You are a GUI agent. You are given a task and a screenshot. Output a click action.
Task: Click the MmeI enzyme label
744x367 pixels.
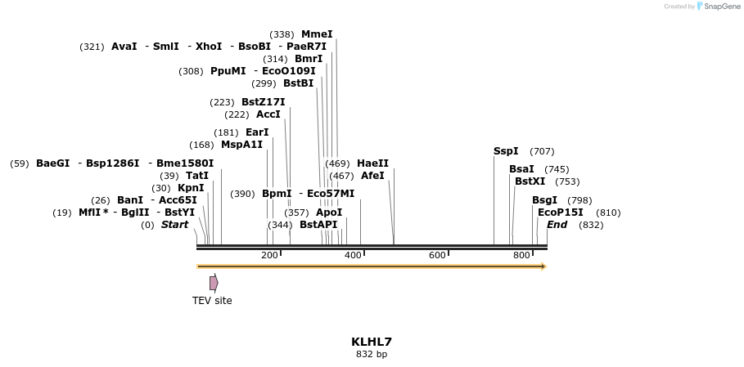click(x=317, y=34)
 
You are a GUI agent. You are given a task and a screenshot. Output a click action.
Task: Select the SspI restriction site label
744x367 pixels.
click(x=506, y=151)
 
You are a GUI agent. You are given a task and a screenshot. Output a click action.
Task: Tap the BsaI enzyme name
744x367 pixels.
click(x=521, y=169)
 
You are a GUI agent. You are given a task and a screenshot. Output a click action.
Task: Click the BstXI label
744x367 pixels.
click(x=530, y=181)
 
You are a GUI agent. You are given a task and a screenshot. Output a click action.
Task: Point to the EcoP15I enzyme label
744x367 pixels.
click(x=561, y=213)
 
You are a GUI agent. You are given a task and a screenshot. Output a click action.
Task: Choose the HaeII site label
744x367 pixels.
click(x=372, y=163)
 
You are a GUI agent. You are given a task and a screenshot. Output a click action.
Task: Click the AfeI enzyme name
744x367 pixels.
click(x=372, y=176)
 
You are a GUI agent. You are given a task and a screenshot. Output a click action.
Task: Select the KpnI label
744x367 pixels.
click(x=191, y=188)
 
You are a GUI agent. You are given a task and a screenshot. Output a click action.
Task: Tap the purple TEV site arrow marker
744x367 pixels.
click(x=214, y=283)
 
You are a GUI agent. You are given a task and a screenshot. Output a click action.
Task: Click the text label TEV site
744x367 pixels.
click(x=212, y=301)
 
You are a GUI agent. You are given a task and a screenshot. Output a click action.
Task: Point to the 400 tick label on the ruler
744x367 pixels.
click(x=353, y=256)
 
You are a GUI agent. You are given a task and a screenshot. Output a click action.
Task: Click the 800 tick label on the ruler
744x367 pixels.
click(x=521, y=256)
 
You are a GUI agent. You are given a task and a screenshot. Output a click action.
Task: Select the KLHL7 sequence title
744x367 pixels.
click(x=372, y=342)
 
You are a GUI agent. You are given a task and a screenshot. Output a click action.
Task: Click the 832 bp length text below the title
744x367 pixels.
click(x=372, y=355)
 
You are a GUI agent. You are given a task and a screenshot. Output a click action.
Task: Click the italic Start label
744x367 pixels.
click(x=174, y=225)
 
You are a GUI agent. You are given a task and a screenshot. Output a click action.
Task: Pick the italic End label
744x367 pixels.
click(x=557, y=225)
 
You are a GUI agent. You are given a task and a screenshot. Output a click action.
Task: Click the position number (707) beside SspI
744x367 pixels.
click(x=542, y=151)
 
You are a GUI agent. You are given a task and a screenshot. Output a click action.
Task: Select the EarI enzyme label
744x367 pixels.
click(x=257, y=132)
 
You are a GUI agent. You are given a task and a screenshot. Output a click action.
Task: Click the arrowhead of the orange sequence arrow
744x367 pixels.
click(x=543, y=266)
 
